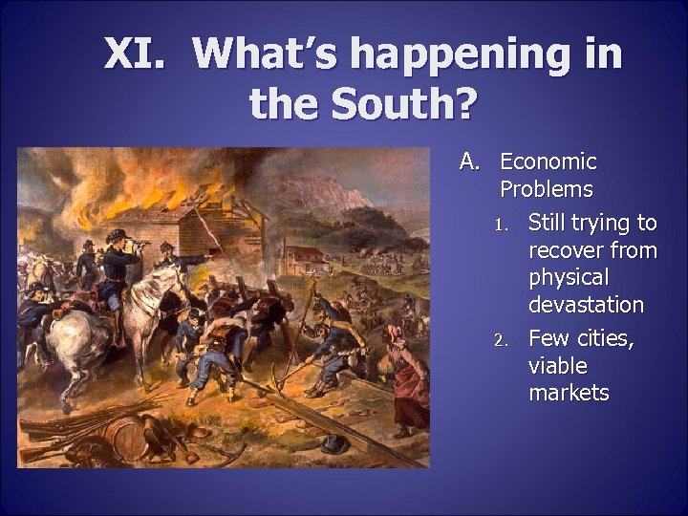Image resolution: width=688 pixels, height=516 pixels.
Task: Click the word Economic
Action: (x=548, y=161)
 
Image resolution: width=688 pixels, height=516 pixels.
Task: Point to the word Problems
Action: (x=546, y=189)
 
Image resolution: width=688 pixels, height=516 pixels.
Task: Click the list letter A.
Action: (x=468, y=161)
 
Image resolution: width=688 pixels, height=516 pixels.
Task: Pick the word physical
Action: (x=569, y=278)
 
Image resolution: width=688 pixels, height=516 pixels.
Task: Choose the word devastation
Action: (x=586, y=305)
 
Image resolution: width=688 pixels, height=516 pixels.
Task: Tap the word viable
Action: (x=558, y=366)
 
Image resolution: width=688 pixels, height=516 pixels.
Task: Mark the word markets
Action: (x=569, y=393)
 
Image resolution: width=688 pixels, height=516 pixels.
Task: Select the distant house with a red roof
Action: (x=306, y=258)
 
